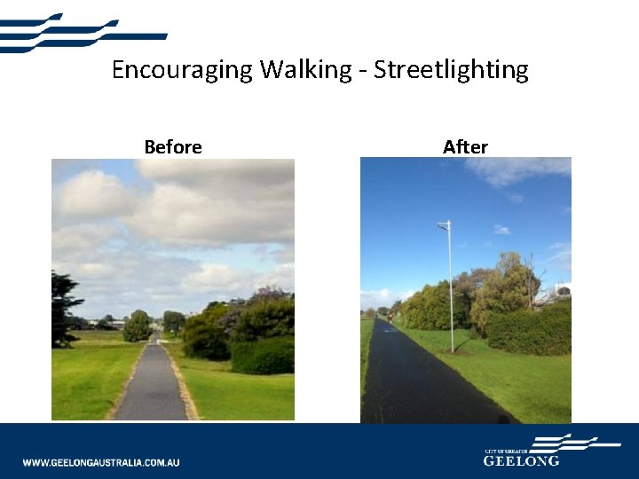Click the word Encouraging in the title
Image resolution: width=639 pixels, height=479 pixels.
pyautogui.click(x=182, y=70)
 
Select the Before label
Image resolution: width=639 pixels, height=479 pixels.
pyautogui.click(x=173, y=147)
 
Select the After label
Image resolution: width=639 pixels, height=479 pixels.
pyautogui.click(x=465, y=147)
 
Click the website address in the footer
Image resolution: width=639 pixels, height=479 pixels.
pyautogui.click(x=101, y=462)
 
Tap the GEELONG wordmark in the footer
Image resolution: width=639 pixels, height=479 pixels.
pyautogui.click(x=521, y=461)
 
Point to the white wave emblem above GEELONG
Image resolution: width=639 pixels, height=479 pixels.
pyautogui.click(x=564, y=442)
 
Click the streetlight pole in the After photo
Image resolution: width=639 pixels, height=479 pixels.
pyautogui.click(x=451, y=293)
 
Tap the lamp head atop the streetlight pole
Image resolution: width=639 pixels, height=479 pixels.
pyautogui.click(x=443, y=225)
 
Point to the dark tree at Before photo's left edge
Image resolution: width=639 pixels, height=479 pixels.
pyautogui.click(x=62, y=306)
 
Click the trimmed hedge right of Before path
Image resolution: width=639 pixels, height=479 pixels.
pyautogui.click(x=262, y=355)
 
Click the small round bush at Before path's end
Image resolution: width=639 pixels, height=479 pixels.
pyautogui.click(x=137, y=326)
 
